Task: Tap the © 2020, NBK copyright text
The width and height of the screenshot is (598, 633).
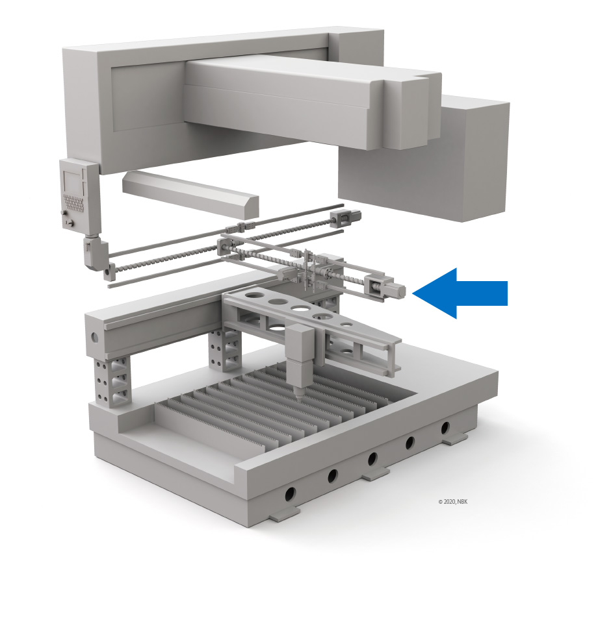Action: [452, 502]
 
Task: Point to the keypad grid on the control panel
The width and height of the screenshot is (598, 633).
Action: [75, 203]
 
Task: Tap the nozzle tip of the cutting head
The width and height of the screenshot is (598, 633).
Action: [300, 397]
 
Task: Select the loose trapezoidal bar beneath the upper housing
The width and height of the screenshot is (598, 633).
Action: [190, 193]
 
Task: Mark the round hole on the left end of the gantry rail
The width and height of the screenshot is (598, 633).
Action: [94, 337]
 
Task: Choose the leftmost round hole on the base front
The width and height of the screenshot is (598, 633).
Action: [290, 493]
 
